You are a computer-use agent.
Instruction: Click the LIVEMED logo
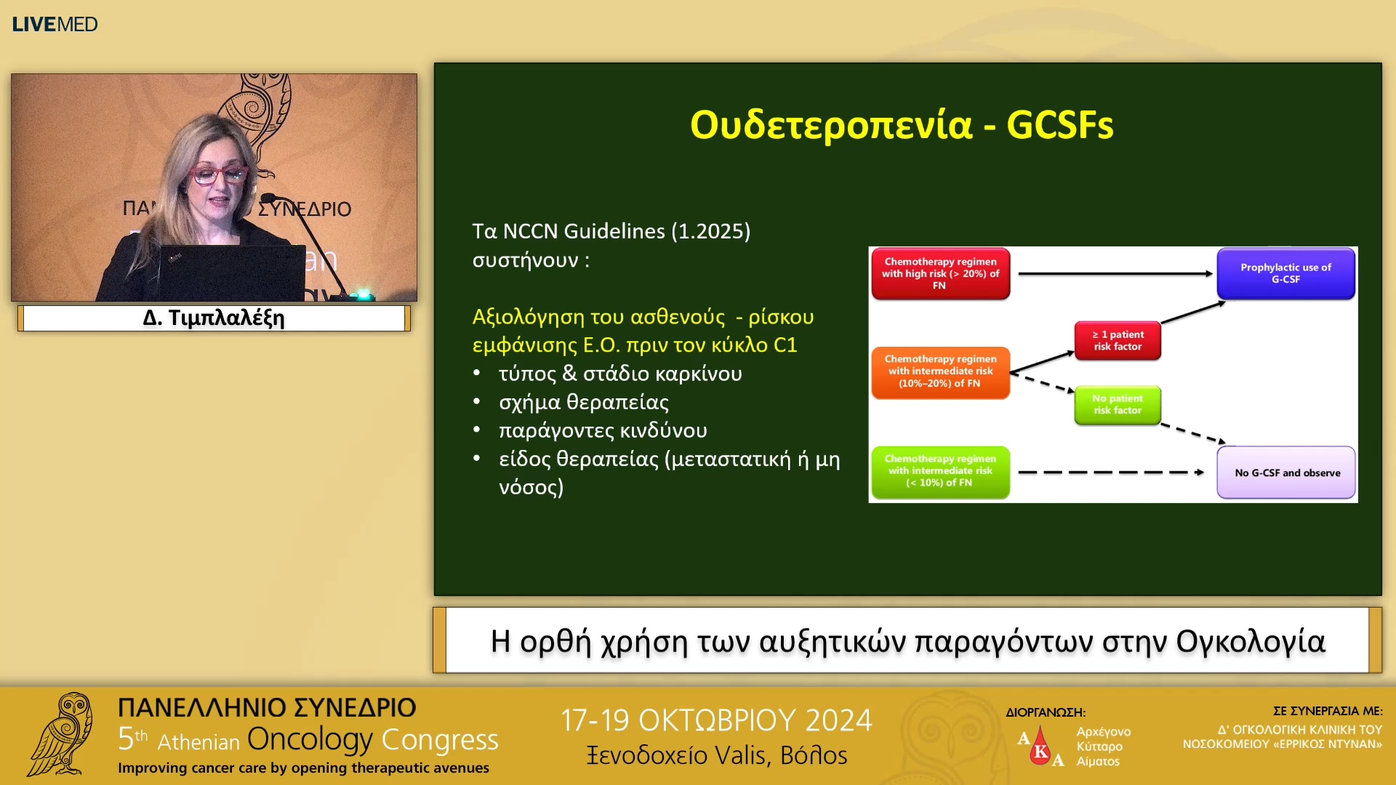55,24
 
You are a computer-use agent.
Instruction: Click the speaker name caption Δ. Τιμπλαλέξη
214,318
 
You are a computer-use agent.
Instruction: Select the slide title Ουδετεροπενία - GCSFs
902,124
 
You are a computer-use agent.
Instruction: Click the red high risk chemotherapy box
940,273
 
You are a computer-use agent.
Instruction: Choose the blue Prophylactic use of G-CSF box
1285,273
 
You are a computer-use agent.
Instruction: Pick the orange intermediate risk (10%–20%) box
940,372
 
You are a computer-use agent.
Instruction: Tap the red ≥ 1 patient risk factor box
1118,340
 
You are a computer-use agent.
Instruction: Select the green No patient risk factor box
1118,405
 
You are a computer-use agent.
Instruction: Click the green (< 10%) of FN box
940,472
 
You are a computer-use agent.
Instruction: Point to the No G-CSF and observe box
1286,472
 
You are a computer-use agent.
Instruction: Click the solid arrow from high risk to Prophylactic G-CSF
1115,274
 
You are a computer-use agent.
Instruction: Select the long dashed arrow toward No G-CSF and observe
1111,472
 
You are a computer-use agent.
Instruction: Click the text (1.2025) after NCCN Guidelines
710,231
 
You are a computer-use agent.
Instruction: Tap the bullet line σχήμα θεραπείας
584,402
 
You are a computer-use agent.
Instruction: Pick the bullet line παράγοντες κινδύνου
603,430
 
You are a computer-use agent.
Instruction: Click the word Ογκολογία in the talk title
1251,641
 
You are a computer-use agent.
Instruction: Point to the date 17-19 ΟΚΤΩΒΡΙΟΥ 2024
716,720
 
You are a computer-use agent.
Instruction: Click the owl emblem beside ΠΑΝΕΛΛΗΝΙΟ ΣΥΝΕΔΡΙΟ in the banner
61,734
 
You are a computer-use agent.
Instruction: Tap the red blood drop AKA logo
1040,746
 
